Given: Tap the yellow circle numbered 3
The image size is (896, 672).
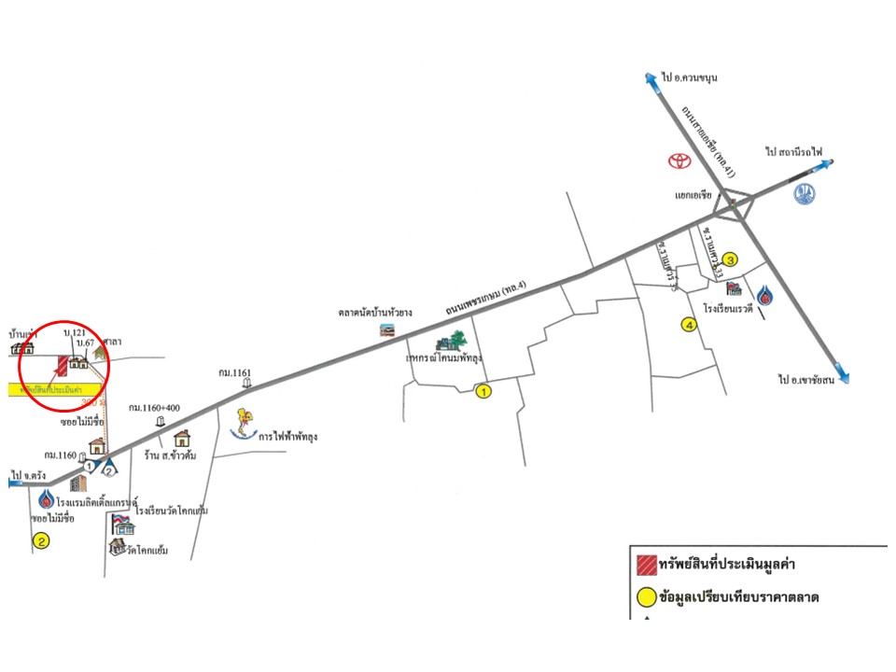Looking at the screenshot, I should coord(731,260).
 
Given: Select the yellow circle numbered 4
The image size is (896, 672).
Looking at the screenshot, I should coord(689,326).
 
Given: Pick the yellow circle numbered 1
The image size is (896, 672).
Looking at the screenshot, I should coord(483,392).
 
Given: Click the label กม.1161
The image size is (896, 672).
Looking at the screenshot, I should coord(235,372).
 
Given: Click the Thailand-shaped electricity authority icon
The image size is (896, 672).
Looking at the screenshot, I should coord(245,424).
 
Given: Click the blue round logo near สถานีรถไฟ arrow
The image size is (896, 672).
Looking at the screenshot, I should coord(805,195).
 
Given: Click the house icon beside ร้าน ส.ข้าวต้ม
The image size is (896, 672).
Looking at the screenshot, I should coord(182,438).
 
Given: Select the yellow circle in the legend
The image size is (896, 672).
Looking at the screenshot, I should coord(643,596).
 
